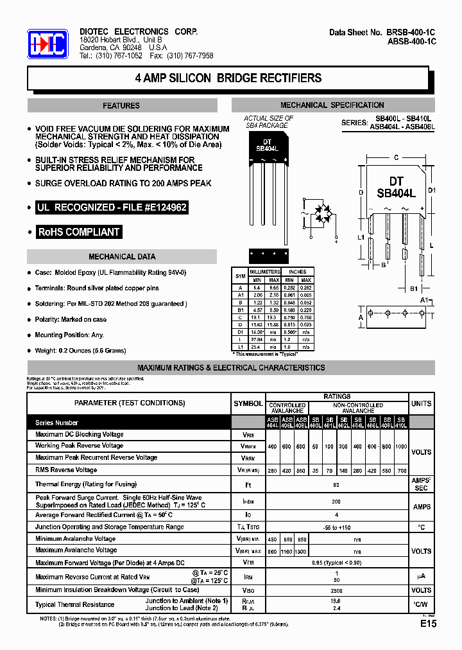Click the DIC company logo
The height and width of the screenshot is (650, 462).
[x=47, y=44]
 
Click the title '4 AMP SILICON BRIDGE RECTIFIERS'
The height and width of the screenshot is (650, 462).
[x=228, y=78]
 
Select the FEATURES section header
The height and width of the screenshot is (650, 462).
[x=121, y=105]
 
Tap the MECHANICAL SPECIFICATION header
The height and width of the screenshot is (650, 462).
[x=332, y=105]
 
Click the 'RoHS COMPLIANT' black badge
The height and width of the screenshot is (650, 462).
[x=79, y=232]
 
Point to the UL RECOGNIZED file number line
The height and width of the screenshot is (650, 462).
[x=112, y=208]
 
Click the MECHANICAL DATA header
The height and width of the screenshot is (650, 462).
[x=122, y=257]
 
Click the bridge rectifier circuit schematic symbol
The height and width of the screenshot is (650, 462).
[x=322, y=218]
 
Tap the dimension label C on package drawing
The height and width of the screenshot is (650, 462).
[x=396, y=157]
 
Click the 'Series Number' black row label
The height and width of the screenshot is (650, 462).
[x=56, y=423]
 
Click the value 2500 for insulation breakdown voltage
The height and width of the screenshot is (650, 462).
[x=336, y=590]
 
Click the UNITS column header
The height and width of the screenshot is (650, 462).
[x=421, y=403]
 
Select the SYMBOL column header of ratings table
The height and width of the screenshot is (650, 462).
[x=248, y=403]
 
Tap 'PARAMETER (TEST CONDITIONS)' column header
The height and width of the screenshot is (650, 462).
[x=130, y=403]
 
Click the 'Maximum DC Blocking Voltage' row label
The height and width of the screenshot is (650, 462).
[x=80, y=435]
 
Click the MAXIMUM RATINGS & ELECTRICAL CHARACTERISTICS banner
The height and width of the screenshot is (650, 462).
[x=231, y=368]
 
